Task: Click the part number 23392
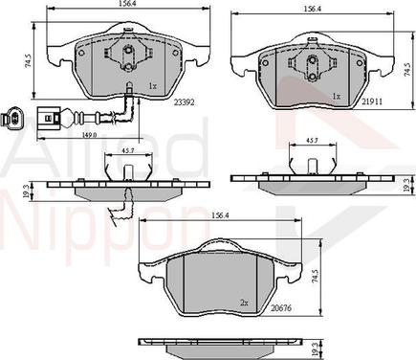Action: click(185, 102)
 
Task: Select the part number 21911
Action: click(372, 101)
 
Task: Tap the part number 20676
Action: click(281, 308)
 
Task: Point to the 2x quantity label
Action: click(244, 303)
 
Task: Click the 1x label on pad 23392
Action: click(153, 86)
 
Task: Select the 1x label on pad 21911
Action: click(337, 96)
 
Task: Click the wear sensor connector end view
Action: click(11, 119)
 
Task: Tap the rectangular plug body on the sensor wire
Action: click(48, 119)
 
